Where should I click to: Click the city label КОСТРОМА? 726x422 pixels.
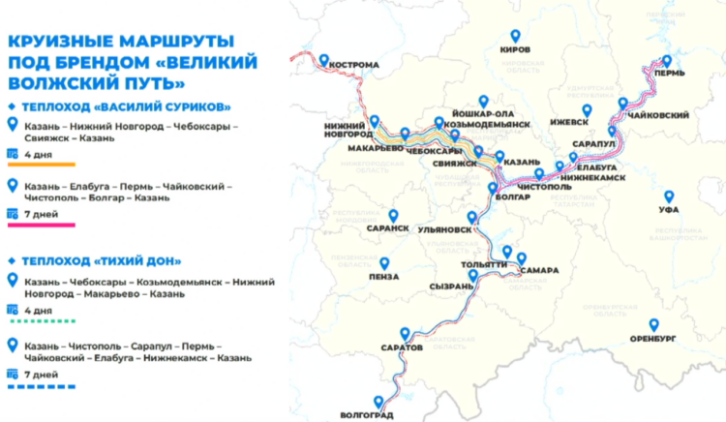coord(353,67)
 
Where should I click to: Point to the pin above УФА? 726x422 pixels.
coord(667,196)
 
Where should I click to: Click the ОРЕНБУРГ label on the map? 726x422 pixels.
coord(653,339)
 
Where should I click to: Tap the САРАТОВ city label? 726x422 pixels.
coord(403,346)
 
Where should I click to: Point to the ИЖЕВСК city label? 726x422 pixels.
coord(568,123)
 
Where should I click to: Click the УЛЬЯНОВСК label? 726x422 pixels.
coord(447,231)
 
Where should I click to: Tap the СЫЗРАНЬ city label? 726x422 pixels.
coord(450,286)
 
